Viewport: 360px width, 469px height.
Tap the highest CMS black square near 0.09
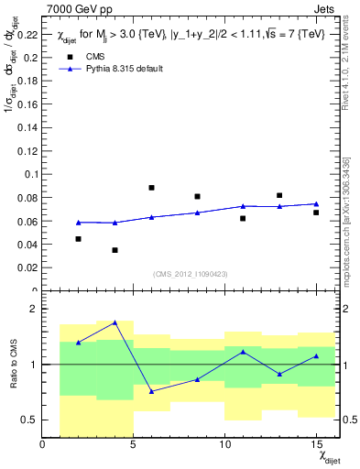(x=151, y=188)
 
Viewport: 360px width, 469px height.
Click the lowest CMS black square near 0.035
(x=115, y=250)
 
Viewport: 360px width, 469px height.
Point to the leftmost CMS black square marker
(x=79, y=239)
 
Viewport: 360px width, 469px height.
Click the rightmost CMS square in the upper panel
(x=316, y=213)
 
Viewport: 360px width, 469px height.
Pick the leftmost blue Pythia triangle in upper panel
(x=79, y=223)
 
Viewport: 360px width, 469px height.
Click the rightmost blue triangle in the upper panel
(x=316, y=203)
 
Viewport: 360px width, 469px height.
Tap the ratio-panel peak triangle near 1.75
(x=115, y=322)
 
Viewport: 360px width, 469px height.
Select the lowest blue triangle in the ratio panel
(x=151, y=391)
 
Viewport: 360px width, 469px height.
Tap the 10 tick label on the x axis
(x=225, y=445)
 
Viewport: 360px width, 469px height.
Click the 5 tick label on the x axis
(x=134, y=445)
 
